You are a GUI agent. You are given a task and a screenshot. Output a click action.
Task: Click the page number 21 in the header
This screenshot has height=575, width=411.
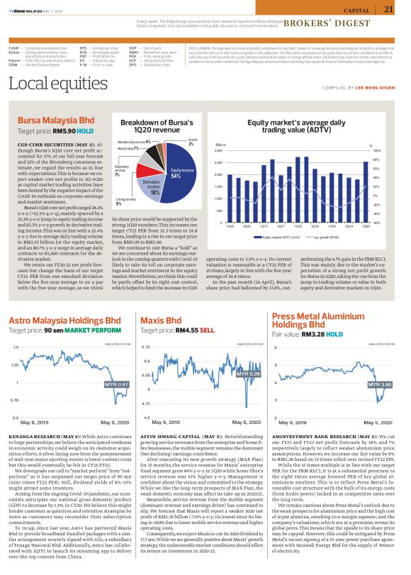[388, 9]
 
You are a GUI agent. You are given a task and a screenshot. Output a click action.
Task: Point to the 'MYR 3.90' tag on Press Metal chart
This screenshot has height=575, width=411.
[381, 384]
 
